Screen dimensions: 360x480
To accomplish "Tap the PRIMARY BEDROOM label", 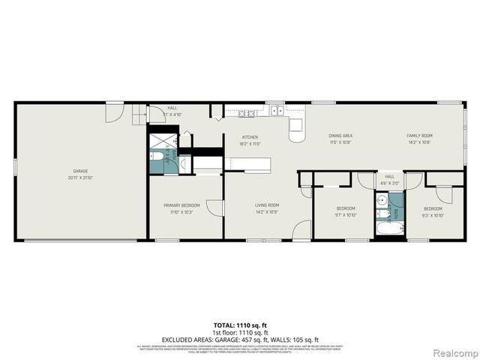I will point(181,205).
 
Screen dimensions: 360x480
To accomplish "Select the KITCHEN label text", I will point(250,136).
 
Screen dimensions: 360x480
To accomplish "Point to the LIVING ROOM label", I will point(267,205).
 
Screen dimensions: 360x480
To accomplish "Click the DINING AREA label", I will point(340,136).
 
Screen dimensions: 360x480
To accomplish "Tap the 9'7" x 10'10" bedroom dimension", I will point(345,215).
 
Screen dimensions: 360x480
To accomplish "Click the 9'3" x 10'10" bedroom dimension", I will point(433,215).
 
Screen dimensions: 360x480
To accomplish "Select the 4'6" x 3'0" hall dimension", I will point(389,182).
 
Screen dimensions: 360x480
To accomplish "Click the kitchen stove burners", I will point(247,113).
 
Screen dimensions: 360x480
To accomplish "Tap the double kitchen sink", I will point(277,112).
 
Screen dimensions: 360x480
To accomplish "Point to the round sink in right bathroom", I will point(382,200).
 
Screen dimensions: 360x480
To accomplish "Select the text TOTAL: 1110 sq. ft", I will point(240,325).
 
